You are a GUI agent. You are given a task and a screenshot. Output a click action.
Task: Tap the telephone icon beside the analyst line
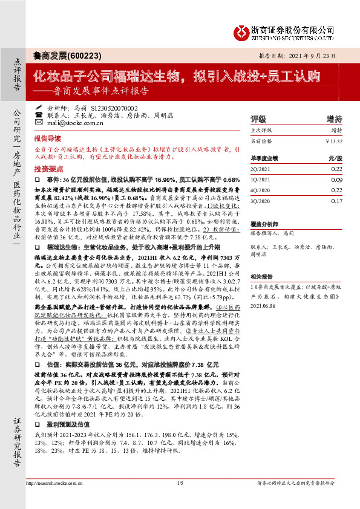point(39,114)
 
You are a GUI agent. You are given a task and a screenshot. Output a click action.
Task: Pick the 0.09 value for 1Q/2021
point(336,180)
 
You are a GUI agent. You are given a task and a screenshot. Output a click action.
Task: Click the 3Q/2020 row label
point(261,201)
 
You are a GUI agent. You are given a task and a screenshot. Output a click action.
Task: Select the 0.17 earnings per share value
point(336,201)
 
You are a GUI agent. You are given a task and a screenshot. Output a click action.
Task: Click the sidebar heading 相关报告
point(262,274)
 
